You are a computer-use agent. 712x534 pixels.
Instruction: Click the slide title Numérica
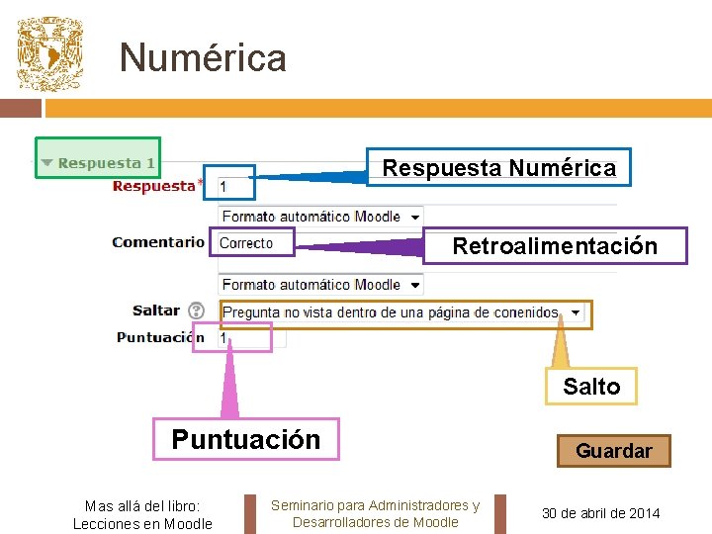[203, 57]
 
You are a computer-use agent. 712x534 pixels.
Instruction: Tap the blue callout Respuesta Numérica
[498, 168]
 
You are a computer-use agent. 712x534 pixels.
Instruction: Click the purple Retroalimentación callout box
[554, 246]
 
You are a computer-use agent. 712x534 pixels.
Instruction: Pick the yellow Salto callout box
[591, 387]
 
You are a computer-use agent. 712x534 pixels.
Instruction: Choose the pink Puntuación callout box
[245, 439]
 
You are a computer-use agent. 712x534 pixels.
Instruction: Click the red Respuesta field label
[153, 186]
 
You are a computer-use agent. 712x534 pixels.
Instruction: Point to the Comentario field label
[158, 242]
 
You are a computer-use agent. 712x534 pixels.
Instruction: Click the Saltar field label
[156, 311]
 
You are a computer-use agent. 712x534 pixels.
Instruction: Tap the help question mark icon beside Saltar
[196, 311]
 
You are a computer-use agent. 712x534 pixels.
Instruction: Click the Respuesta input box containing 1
[235, 186]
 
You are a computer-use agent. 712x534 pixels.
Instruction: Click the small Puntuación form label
[160, 337]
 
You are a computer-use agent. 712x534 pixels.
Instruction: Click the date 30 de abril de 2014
[601, 513]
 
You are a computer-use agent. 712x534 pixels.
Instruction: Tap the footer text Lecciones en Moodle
[142, 523]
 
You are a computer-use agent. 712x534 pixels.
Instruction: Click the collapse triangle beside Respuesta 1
[46, 163]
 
